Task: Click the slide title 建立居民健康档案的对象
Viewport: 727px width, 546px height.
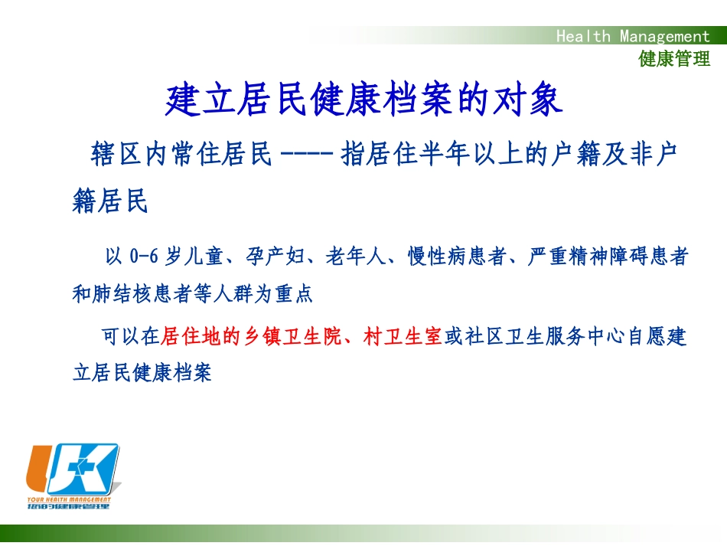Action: tap(364, 100)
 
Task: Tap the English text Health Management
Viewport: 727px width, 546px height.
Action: tap(633, 36)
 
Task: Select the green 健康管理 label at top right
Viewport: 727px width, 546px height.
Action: tap(674, 59)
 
